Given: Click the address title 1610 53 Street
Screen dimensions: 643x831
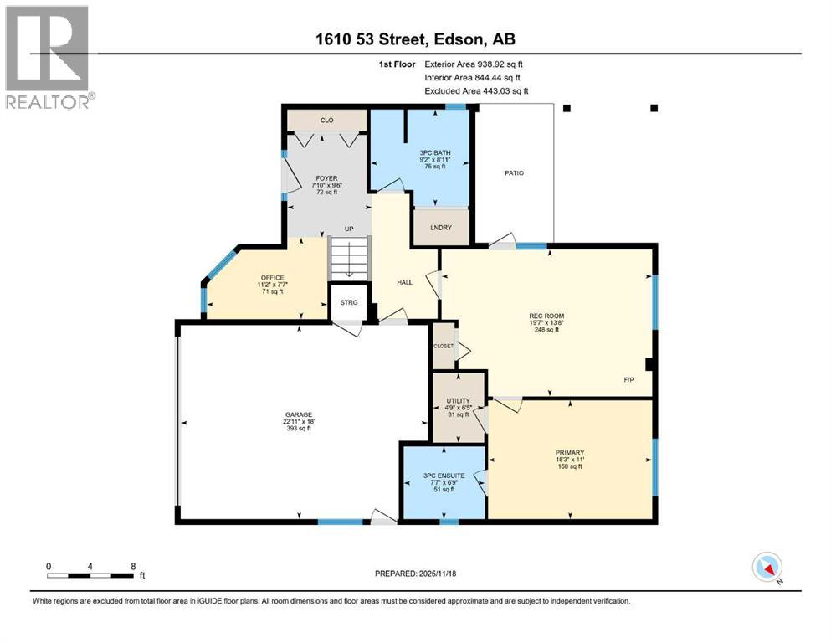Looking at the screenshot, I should [x=416, y=40].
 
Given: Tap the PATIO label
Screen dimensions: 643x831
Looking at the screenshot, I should [x=514, y=173].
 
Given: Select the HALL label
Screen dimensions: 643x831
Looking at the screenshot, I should [x=405, y=281].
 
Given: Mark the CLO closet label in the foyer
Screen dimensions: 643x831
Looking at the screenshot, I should [x=327, y=121].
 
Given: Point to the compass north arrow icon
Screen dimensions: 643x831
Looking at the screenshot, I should [x=767, y=568].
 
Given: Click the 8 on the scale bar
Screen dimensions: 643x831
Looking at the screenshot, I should [x=133, y=566].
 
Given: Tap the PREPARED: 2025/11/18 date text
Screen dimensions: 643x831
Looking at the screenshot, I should [x=416, y=574].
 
